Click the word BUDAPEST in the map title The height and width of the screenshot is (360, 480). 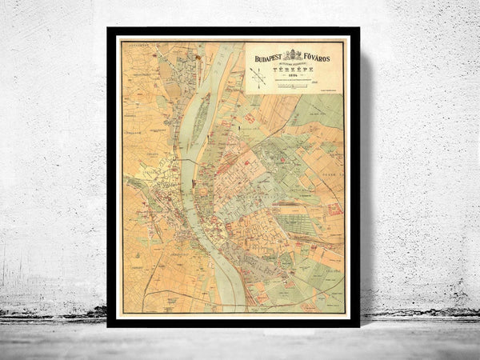click(x=268, y=58)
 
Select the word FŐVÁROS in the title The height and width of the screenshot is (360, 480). click(x=319, y=58)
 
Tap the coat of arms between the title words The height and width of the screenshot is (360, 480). click(x=294, y=55)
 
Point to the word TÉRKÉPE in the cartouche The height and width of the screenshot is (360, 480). click(x=294, y=70)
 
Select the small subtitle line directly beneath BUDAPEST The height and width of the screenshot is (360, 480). click(x=269, y=63)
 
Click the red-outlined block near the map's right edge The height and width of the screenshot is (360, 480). click(x=334, y=210)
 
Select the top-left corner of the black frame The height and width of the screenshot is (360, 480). click(x=109, y=30)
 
